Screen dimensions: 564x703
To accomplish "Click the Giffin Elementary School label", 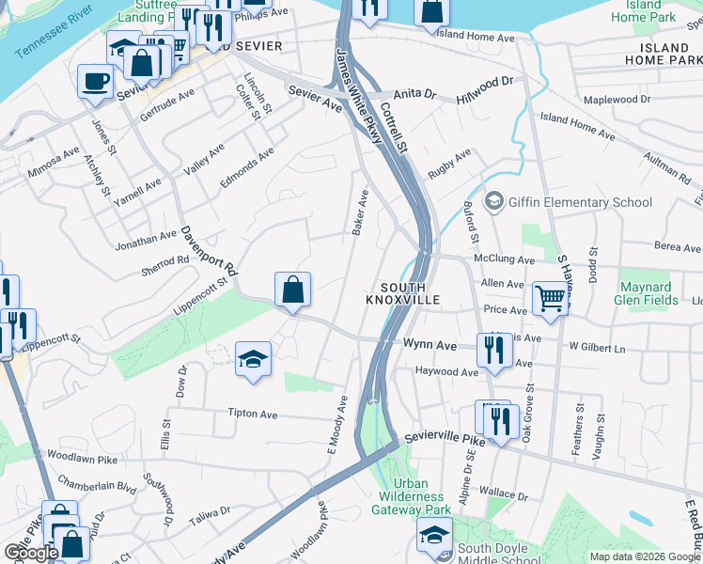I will pyautogui.click(x=580, y=202).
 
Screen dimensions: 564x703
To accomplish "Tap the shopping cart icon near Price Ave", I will pyautogui.click(x=551, y=299).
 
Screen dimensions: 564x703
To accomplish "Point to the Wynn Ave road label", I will pyautogui.click(x=430, y=346).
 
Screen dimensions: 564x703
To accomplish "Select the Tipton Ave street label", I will pyautogui.click(x=253, y=414).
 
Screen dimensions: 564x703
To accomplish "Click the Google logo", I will pyautogui.click(x=31, y=553).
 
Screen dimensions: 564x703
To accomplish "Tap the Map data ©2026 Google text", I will pyautogui.click(x=644, y=556).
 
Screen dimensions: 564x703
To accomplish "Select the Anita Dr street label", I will pyautogui.click(x=416, y=95).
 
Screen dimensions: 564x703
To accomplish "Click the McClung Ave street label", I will pyautogui.click(x=505, y=259).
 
